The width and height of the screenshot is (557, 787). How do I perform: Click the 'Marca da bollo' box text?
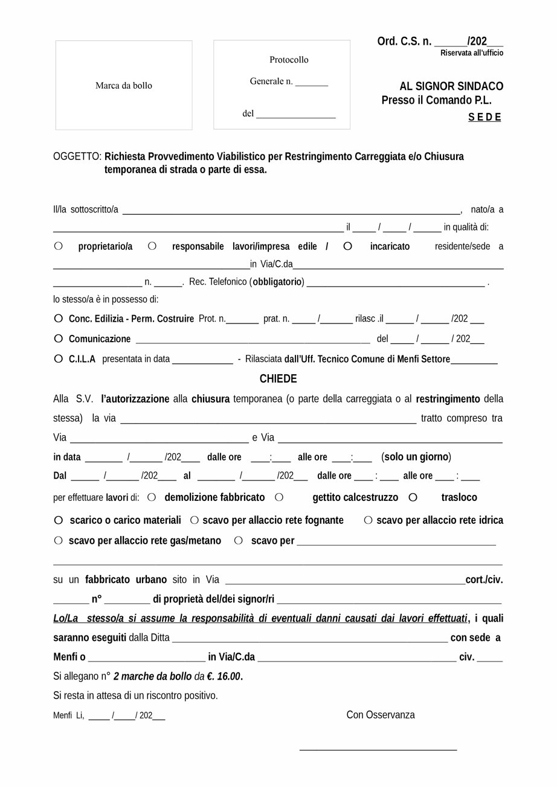(x=124, y=86)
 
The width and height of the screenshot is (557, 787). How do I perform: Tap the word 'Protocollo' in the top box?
(x=289, y=60)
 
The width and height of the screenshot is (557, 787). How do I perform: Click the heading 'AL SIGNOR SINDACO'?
(x=451, y=86)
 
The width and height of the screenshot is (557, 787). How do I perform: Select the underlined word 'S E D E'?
(x=485, y=118)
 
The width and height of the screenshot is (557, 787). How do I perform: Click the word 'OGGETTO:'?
(x=77, y=157)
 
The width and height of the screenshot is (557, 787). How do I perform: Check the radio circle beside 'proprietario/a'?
(x=58, y=246)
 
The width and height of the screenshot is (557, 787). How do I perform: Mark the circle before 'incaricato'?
(x=347, y=246)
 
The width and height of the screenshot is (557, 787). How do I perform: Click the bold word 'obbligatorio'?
(x=277, y=282)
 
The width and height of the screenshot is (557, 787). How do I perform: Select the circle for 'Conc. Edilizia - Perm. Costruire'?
(x=58, y=318)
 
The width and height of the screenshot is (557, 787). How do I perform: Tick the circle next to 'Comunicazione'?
(x=58, y=339)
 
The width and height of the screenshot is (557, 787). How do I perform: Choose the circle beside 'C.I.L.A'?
(x=58, y=358)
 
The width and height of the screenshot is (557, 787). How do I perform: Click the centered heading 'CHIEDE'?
(x=278, y=379)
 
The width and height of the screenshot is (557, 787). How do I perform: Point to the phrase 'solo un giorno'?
(x=416, y=457)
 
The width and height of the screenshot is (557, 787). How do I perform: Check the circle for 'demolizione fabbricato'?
(x=152, y=497)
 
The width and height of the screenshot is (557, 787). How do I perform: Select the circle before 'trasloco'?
(x=413, y=497)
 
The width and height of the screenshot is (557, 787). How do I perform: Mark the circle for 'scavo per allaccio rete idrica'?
(x=368, y=520)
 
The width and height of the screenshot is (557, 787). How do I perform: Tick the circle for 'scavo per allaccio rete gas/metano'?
(x=58, y=540)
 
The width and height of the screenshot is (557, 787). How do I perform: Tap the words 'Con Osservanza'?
(x=381, y=715)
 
